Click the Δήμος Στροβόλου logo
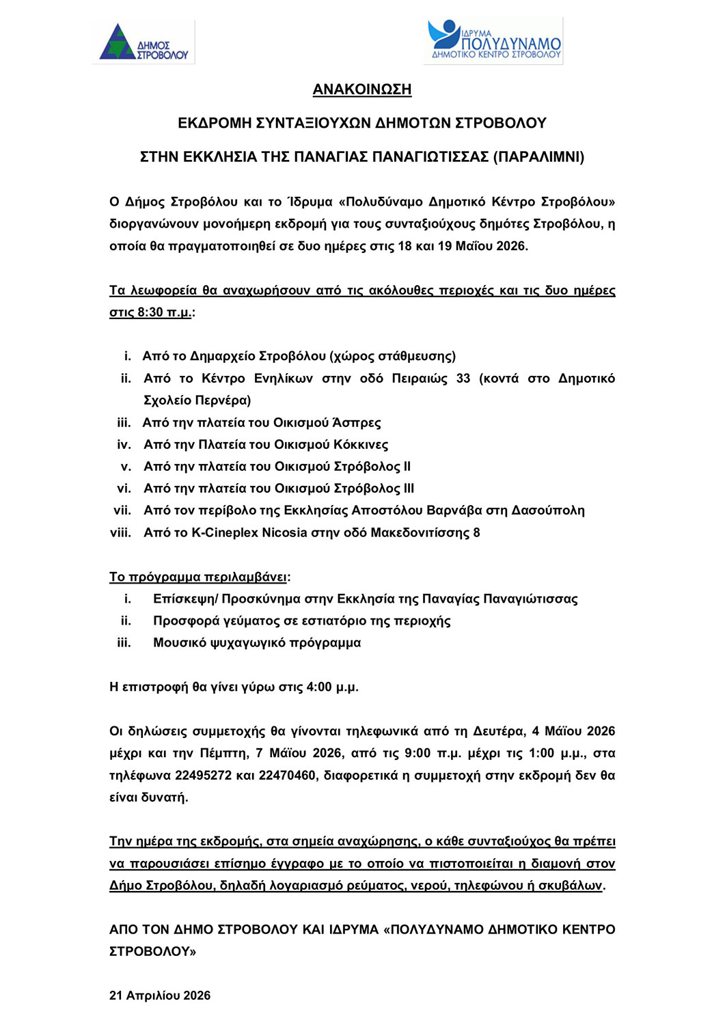point(143,42)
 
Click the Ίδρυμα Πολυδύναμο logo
point(493,41)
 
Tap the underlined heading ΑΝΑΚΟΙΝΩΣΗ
point(362,90)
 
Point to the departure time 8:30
point(150,312)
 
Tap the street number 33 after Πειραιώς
point(463,379)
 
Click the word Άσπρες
point(357,423)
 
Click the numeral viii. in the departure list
point(120,533)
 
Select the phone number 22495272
point(203,776)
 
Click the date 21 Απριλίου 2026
point(160,996)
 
